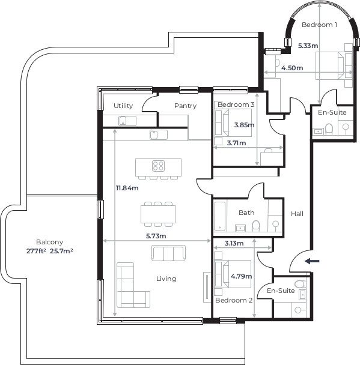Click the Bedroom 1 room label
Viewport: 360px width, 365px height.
coord(319,25)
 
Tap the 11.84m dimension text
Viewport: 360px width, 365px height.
coord(127,188)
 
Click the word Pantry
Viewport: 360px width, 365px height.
coord(185,106)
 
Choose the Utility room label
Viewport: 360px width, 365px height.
coord(123,106)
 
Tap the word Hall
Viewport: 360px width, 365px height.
coord(297,214)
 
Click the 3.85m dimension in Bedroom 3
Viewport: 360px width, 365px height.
coord(244,125)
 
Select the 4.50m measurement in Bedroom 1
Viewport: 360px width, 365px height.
coord(291,68)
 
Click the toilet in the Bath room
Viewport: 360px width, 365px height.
coord(257,225)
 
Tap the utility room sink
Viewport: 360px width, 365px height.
coord(125,120)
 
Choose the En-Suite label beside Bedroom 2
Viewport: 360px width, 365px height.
coord(281,291)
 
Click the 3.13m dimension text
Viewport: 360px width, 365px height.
coord(233,243)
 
